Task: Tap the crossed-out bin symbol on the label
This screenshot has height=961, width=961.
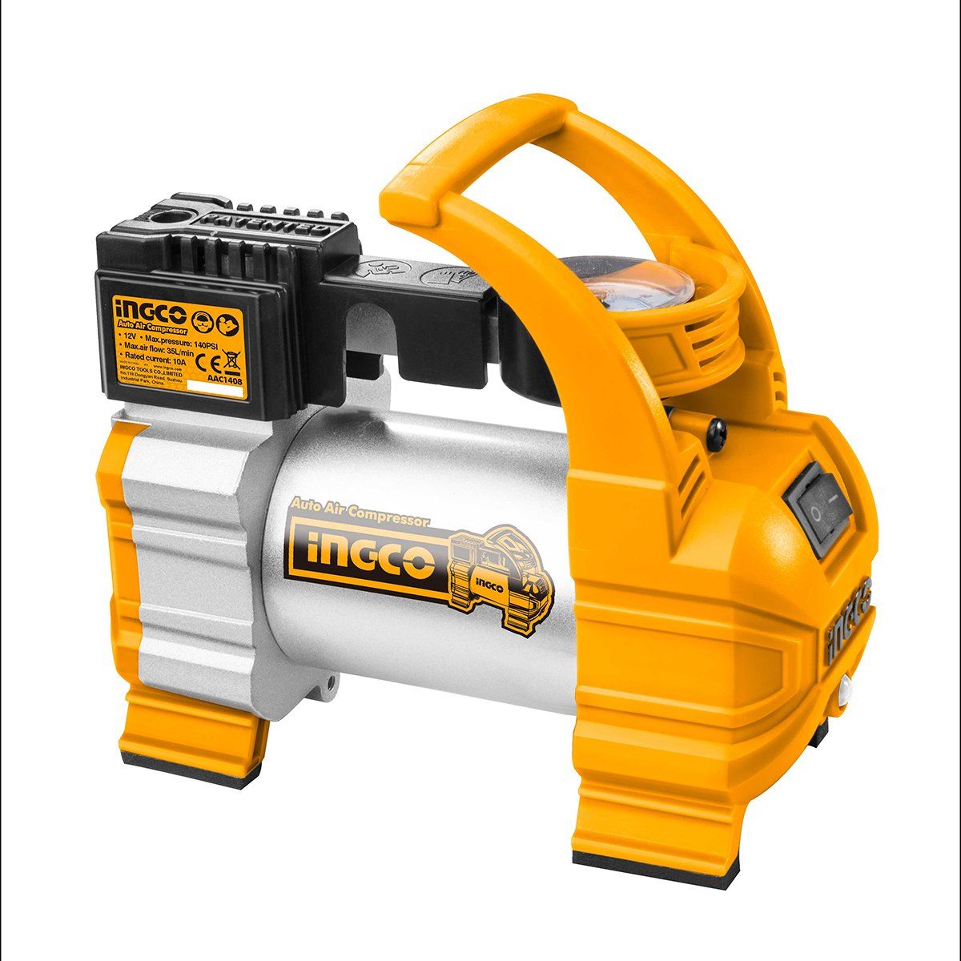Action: [x=230, y=350]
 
